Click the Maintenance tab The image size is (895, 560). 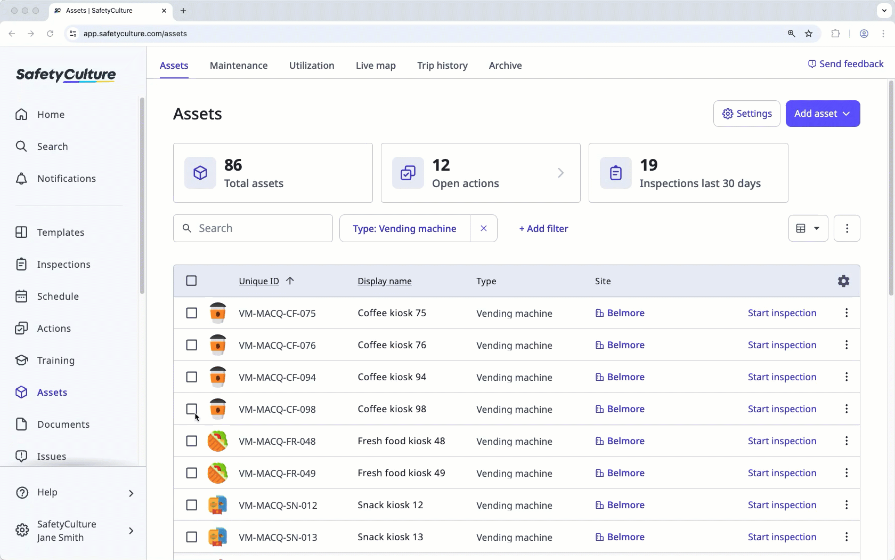point(239,65)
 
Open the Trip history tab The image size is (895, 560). point(442,65)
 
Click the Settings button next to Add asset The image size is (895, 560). point(746,114)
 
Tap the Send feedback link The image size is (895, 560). point(845,64)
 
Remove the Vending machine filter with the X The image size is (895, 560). point(484,228)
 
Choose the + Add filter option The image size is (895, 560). point(543,228)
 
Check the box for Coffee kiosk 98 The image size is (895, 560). point(192,409)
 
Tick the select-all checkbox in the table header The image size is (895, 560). point(191,281)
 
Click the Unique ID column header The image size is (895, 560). point(259,281)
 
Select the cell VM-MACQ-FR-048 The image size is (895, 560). point(277,441)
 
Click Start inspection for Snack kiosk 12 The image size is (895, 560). point(782,505)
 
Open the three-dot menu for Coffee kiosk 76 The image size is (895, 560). point(846,345)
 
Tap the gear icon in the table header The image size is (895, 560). point(843,281)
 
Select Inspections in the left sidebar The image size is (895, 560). point(63,265)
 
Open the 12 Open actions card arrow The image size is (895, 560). point(560,173)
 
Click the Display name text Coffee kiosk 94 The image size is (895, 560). point(392,377)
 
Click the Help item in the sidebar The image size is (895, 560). point(47,492)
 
